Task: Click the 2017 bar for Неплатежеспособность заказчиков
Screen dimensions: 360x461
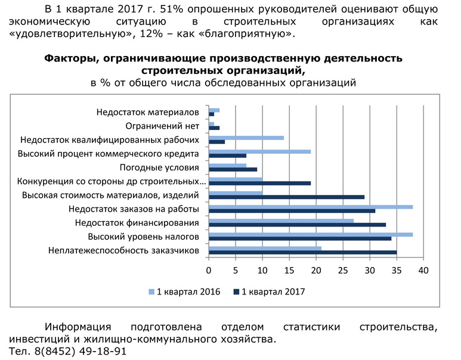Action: click(302, 253)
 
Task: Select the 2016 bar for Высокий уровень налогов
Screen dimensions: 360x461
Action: click(311, 235)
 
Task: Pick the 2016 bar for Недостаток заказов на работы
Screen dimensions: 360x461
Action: click(311, 207)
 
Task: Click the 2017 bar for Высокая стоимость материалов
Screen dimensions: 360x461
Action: click(286, 197)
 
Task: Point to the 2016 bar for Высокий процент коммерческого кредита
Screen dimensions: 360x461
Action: click(259, 151)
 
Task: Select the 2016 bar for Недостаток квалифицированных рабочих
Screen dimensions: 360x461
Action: click(246, 138)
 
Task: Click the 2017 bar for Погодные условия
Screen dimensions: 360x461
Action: click(233, 169)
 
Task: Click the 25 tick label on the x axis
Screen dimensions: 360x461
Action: click(343, 271)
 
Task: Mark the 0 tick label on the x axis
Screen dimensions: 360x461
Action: click(209, 271)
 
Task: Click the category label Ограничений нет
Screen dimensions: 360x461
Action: click(162, 126)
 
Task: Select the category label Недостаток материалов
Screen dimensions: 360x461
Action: click(147, 112)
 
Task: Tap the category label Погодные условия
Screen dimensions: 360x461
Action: click(159, 167)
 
